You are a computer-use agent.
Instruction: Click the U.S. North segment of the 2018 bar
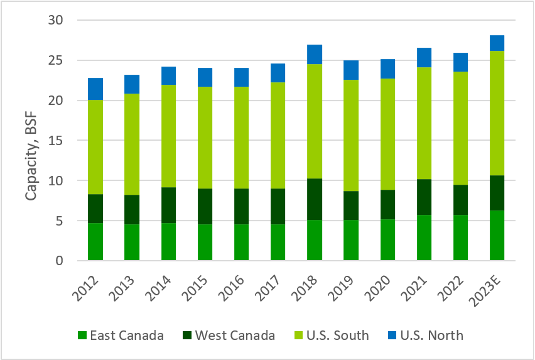pos(315,55)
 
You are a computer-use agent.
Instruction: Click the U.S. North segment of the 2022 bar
pos(461,62)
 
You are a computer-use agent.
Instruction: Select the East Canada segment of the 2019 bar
pos(351,240)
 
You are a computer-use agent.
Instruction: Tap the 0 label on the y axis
pos(58,261)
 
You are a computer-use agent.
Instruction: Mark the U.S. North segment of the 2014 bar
pos(168,76)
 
